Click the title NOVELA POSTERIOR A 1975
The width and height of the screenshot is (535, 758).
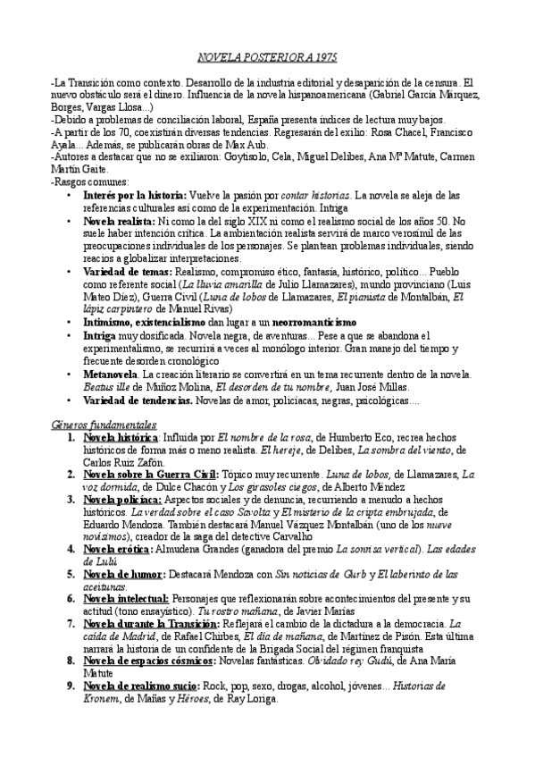pyautogui.click(x=267, y=58)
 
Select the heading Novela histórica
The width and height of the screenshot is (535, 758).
pyautogui.click(x=119, y=440)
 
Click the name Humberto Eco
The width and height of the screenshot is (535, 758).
pyautogui.click(x=356, y=440)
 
